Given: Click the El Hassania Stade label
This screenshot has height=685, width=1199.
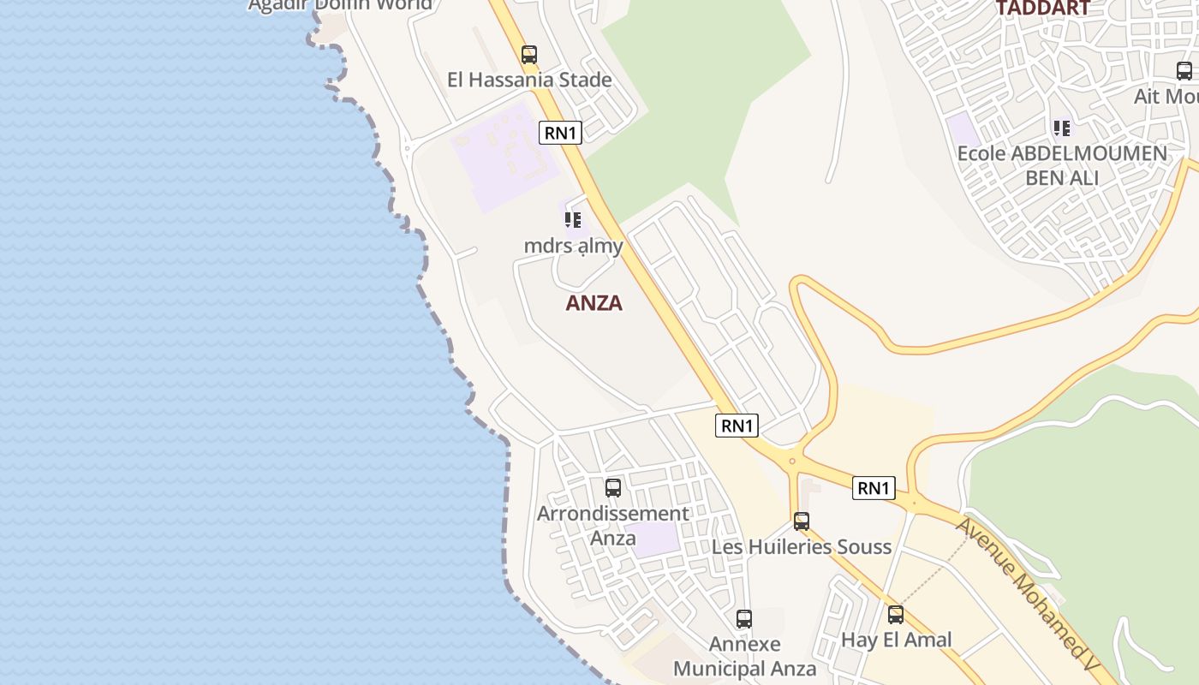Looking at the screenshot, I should click(529, 80).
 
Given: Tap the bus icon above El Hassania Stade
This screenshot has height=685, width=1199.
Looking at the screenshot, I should click(529, 55).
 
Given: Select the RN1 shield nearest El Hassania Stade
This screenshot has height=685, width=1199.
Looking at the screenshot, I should click(561, 133).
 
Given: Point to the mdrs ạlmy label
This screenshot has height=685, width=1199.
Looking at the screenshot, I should click(573, 246).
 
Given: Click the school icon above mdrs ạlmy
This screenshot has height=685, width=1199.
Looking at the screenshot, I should click(573, 220).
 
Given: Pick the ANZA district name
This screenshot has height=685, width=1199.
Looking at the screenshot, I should click(594, 303).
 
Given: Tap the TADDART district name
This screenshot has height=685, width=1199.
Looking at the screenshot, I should click(1041, 9).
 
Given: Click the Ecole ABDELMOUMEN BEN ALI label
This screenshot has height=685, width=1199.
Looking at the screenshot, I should click(1062, 165).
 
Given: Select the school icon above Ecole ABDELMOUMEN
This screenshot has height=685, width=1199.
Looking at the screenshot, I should click(1062, 129).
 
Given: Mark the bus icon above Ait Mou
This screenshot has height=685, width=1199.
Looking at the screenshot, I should click(1184, 71).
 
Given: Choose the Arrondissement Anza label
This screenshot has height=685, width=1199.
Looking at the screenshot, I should click(612, 525).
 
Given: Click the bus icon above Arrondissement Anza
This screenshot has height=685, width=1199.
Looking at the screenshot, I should click(613, 488).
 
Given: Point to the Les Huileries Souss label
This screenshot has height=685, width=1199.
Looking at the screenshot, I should click(802, 546).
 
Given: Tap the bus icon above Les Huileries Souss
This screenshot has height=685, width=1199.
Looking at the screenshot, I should click(802, 521).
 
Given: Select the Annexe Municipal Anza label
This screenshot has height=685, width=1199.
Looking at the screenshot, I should click(744, 656).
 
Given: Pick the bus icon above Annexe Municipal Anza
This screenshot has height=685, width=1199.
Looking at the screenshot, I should click(744, 618).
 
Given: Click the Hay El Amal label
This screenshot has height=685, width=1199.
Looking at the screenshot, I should click(896, 640).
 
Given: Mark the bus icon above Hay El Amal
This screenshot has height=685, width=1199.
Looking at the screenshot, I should click(896, 614).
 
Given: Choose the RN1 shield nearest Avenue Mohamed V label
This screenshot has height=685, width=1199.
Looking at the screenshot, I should click(874, 488).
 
